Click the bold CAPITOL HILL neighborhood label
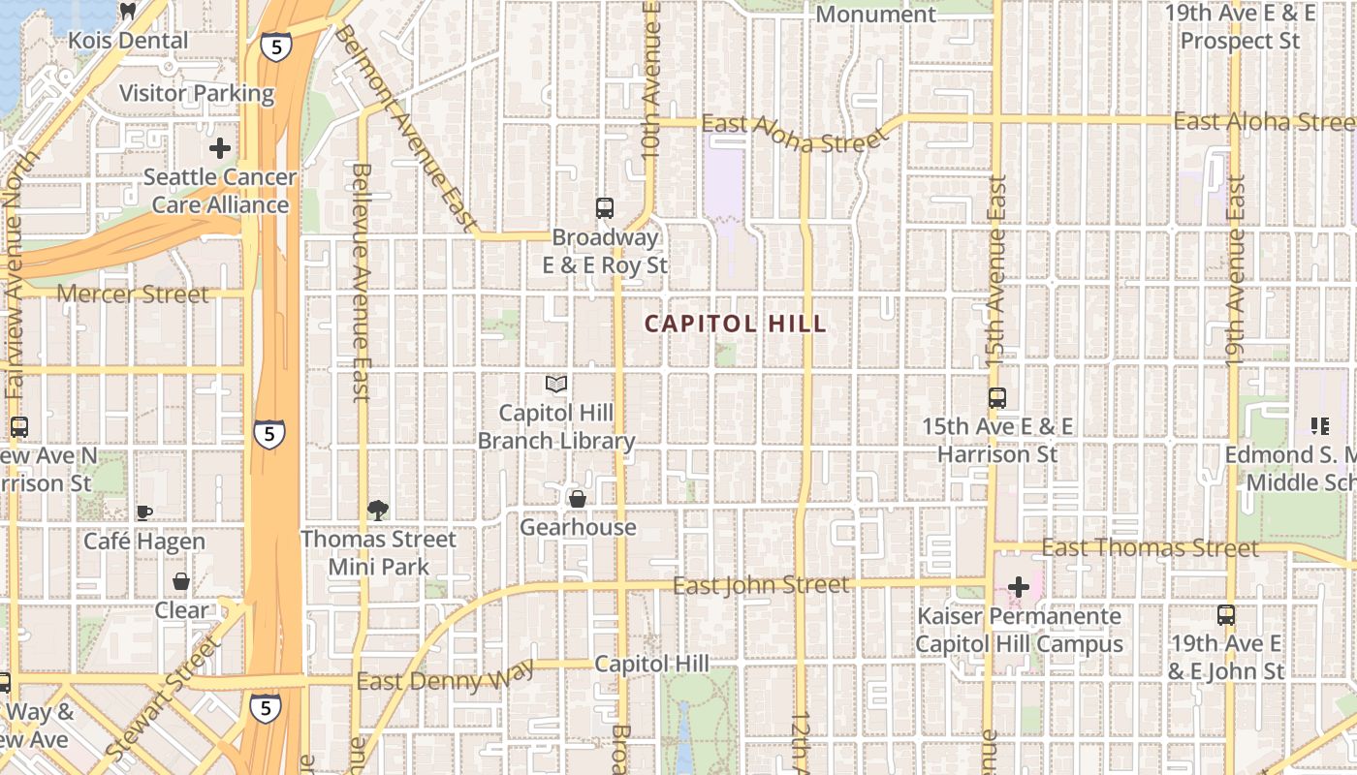736,325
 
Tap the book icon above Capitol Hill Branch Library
556,385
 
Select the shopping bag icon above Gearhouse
578,499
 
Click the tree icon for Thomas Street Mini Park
378,510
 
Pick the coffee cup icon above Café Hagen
144,511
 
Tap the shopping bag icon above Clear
181,581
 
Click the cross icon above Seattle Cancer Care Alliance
220,148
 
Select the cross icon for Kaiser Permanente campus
1019,587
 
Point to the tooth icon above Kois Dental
127,12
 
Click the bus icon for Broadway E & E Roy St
605,207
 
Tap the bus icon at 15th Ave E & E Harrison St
996,397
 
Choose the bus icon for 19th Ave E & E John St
1226,614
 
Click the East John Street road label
761,585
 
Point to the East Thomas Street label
1150,548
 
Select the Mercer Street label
133,294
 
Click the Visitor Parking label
197,94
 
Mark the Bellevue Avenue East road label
361,281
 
